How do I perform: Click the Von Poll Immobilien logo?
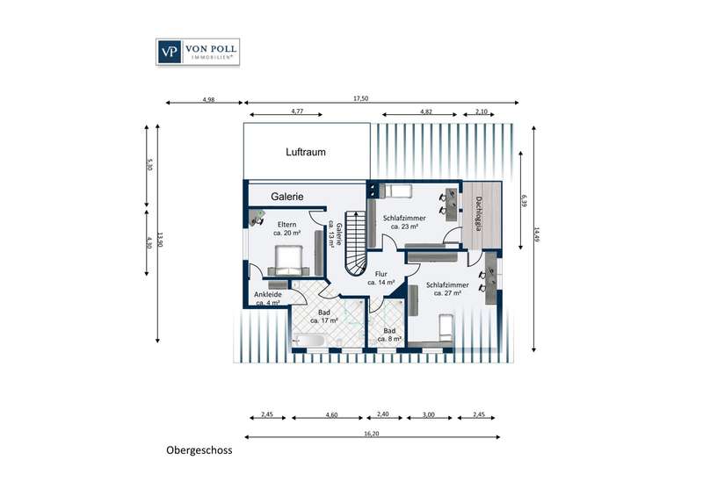point(198,52)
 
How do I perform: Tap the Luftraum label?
point(306,153)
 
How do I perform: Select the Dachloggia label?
point(478,213)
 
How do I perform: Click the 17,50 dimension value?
point(360,98)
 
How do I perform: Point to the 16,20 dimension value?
point(372,434)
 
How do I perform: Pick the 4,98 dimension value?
point(209,99)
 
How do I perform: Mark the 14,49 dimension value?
point(537,234)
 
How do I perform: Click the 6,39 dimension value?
point(523,200)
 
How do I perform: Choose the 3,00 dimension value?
point(429,414)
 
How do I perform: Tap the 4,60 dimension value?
point(331,414)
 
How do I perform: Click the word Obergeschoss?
point(199,450)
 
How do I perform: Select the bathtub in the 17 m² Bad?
point(308,340)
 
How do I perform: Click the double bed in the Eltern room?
point(288,261)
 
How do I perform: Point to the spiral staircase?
point(356,242)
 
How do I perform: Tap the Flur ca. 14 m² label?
point(381,278)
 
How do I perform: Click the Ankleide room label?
point(268,298)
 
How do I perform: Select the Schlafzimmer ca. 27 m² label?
point(447,289)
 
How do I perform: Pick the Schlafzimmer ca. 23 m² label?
point(404,222)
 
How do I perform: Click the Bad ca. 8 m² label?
point(389,334)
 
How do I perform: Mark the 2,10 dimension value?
point(481,111)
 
